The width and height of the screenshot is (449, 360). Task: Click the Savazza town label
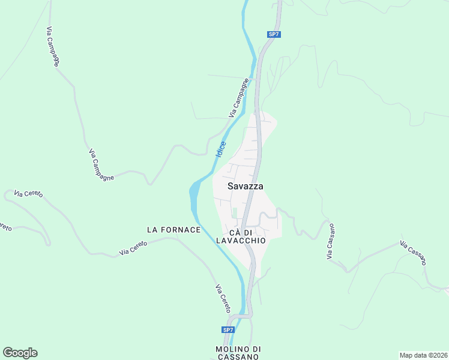(x=246, y=186)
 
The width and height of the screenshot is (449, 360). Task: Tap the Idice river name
(x=221, y=149)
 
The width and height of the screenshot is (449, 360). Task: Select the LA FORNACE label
(x=173, y=230)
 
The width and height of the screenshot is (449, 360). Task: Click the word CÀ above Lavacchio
(x=235, y=232)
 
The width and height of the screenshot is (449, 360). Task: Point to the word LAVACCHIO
(x=246, y=240)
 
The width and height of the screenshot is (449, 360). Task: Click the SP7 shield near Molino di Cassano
(x=228, y=330)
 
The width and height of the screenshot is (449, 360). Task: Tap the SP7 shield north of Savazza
(x=274, y=34)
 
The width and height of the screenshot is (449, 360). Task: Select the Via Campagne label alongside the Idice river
(x=238, y=98)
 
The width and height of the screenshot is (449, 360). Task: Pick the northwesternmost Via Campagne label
(x=53, y=46)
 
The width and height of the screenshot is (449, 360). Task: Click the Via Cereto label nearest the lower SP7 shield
(x=223, y=298)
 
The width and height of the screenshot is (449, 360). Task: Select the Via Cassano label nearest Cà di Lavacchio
(x=330, y=242)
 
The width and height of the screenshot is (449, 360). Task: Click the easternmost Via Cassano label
(x=414, y=253)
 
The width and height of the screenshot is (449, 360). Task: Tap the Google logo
(x=20, y=353)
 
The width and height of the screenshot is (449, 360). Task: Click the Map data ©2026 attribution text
(x=423, y=355)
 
